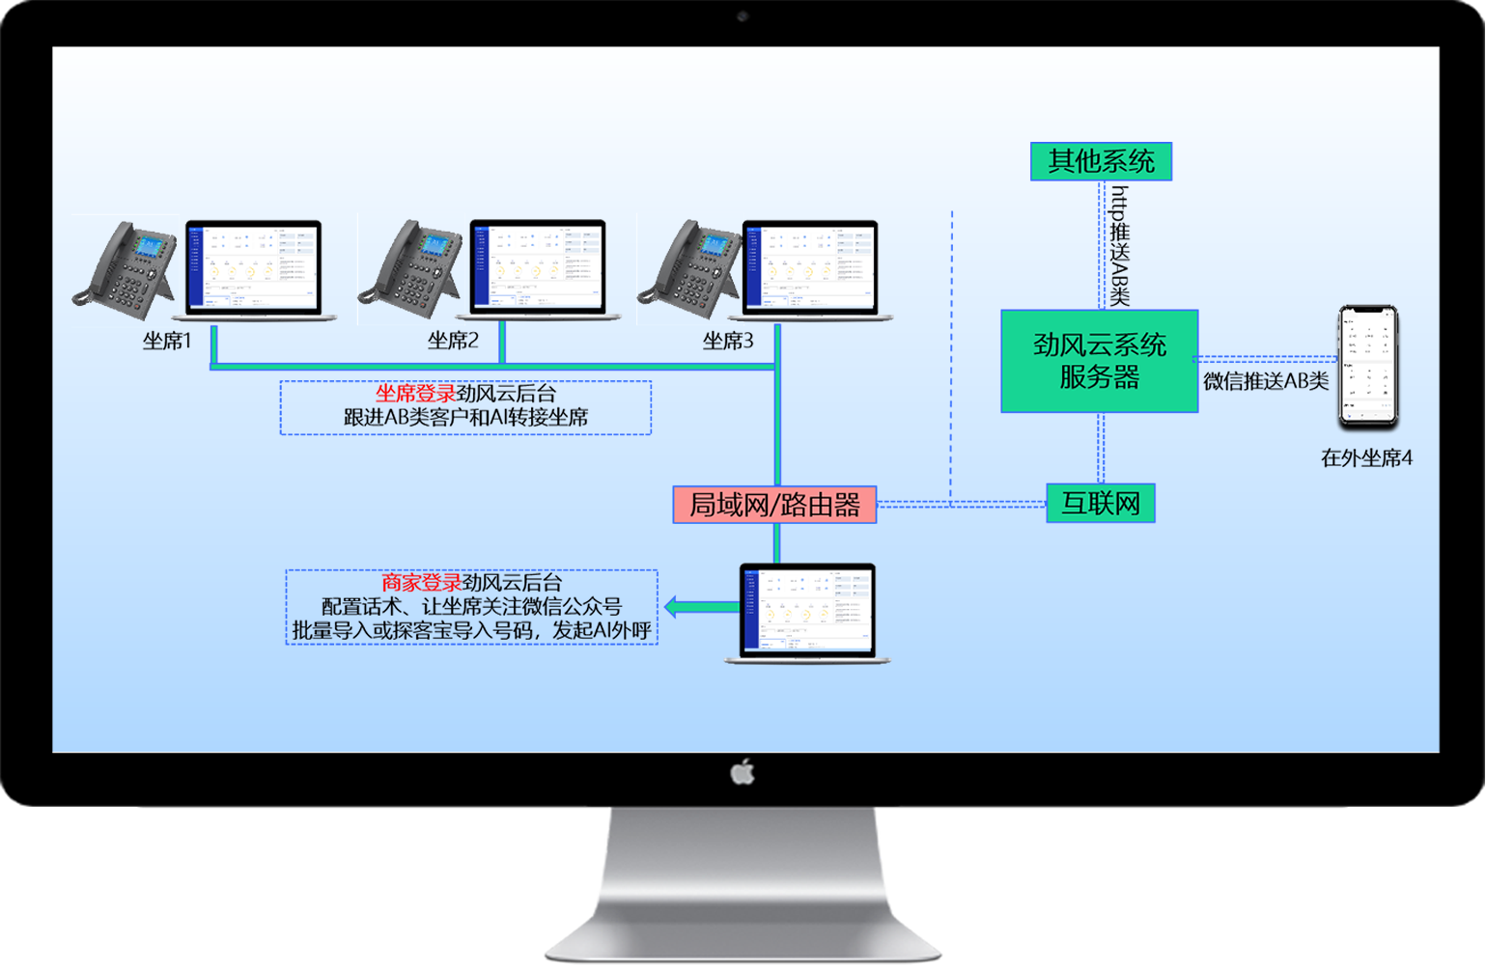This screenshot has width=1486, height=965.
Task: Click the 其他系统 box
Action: [1101, 161]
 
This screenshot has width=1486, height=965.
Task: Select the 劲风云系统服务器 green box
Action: [1099, 361]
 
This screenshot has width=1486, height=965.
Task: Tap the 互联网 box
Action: [1101, 504]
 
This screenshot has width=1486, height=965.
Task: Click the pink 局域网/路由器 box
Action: [774, 505]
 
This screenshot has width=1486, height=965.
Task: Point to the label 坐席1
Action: [167, 341]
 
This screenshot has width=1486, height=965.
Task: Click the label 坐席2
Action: [453, 341]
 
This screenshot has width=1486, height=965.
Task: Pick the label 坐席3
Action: [728, 341]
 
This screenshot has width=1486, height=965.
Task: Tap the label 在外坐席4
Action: [1366, 458]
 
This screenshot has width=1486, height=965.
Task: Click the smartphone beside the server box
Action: [1367, 367]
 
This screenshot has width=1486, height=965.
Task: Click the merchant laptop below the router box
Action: [807, 613]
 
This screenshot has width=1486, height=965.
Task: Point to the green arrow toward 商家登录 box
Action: [699, 607]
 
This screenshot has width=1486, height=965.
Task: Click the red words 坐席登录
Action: [415, 394]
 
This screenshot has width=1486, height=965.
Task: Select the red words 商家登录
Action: [421, 583]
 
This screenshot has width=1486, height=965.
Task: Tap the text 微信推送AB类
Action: [1266, 381]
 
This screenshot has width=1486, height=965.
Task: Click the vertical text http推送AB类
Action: [1119, 246]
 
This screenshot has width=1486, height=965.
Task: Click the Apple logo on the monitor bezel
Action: [743, 772]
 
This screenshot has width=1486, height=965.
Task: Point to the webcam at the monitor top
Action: [743, 16]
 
